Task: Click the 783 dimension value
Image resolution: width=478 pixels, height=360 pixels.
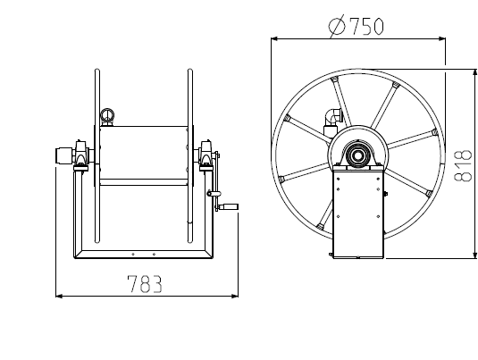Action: [x=145, y=284]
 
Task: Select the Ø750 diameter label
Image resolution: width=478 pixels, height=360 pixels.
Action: [x=356, y=26]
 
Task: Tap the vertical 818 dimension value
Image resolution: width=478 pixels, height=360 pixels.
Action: [x=463, y=165]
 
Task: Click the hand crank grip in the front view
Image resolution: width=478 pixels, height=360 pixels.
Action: [x=229, y=206]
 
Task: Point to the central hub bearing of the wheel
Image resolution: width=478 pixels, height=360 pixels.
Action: [x=356, y=155]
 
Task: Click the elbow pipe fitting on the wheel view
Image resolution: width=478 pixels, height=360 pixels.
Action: [x=333, y=117]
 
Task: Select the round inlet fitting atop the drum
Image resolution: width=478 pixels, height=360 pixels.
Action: [x=107, y=115]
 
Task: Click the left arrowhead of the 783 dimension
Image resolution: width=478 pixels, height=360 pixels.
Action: [x=59, y=296]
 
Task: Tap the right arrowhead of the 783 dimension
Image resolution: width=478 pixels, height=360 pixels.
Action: [x=235, y=296]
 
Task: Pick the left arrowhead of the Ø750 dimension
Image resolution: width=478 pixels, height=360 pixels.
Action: [x=274, y=38]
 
